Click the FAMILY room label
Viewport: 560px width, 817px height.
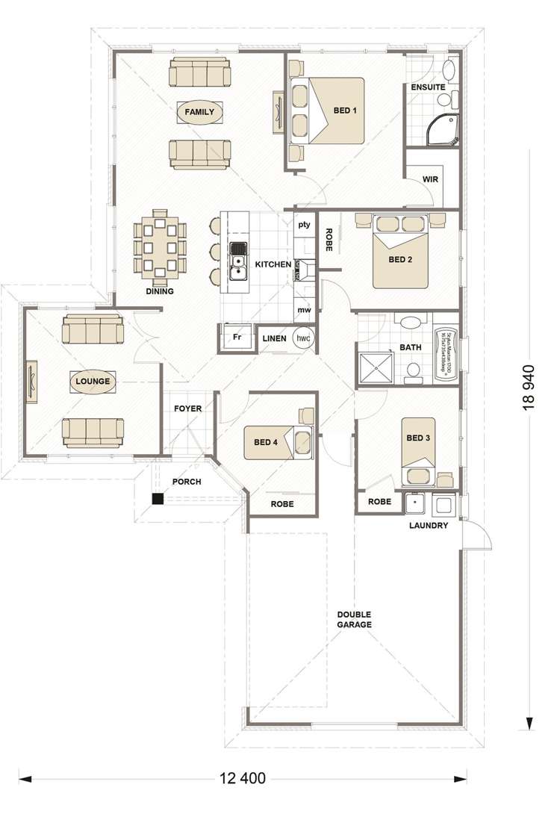[199, 113]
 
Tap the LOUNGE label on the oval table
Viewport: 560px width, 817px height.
[93, 381]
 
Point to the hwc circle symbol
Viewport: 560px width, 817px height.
[303, 338]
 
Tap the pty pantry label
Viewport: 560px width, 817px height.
[304, 224]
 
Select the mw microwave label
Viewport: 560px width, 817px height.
[304, 309]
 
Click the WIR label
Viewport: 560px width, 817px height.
[430, 180]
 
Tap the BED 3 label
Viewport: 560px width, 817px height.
[418, 438]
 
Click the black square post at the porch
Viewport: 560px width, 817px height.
[158, 499]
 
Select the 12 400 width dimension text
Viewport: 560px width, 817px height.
[243, 778]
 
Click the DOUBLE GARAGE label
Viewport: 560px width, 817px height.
[354, 620]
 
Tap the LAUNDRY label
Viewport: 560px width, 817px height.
[429, 526]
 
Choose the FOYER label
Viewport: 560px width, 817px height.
[186, 408]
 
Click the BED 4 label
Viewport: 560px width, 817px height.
[266, 442]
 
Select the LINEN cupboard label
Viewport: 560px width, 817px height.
[274, 338]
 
